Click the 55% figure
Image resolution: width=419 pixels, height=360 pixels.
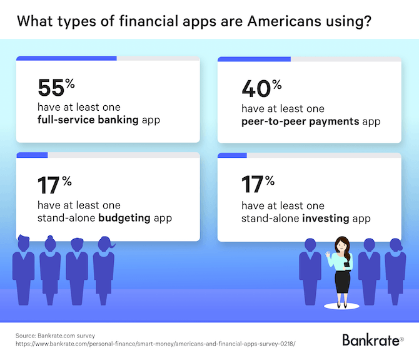tap(56, 87)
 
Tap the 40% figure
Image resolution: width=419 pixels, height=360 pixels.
tap(261, 88)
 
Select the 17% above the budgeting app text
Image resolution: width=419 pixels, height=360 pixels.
tap(54, 185)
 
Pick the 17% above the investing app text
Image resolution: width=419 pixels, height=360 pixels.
tap(258, 184)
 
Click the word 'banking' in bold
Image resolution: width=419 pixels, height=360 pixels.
tap(118, 120)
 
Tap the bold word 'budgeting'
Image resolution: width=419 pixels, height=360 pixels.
tap(124, 219)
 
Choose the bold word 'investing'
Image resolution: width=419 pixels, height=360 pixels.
tap(325, 219)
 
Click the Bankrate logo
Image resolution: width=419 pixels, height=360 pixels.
tap(373, 340)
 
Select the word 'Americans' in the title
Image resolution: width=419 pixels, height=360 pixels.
tap(284, 21)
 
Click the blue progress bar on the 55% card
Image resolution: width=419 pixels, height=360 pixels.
tap(66, 58)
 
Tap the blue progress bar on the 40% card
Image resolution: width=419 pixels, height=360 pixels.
tap(254, 59)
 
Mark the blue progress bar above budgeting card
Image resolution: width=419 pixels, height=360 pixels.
tap(32, 155)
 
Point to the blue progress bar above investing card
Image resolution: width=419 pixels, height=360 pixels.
tap(232, 155)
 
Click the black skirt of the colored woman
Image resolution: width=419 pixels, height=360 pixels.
tap(342, 282)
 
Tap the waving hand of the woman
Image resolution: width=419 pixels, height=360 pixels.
tap(328, 254)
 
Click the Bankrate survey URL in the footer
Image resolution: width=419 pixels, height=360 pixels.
tap(156, 344)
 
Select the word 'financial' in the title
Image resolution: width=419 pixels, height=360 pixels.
tap(149, 21)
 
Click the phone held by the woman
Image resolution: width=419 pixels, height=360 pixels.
tap(347, 264)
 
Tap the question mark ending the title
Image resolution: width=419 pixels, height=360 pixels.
tap(368, 21)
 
